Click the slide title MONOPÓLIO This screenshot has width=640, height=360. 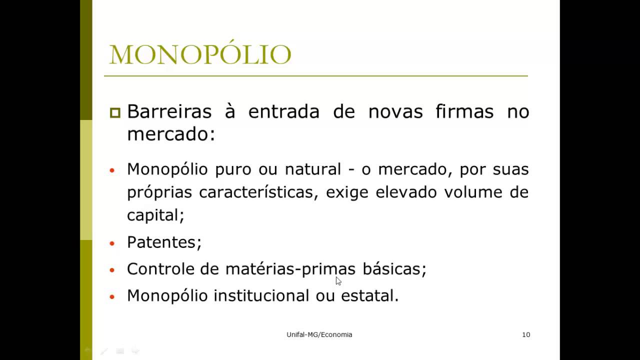point(200,55)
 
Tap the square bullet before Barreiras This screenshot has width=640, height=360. point(115,112)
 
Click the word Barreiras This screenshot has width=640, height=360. point(169,111)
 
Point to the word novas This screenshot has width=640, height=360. point(395,111)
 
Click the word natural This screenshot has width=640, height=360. point(312,169)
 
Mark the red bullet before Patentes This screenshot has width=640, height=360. point(112,243)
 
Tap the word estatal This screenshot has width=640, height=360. point(369,295)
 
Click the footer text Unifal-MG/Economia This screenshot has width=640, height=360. point(319,334)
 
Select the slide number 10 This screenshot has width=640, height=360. point(526,334)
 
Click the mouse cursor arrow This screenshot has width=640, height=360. point(338,280)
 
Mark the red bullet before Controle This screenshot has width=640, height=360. point(112,270)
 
